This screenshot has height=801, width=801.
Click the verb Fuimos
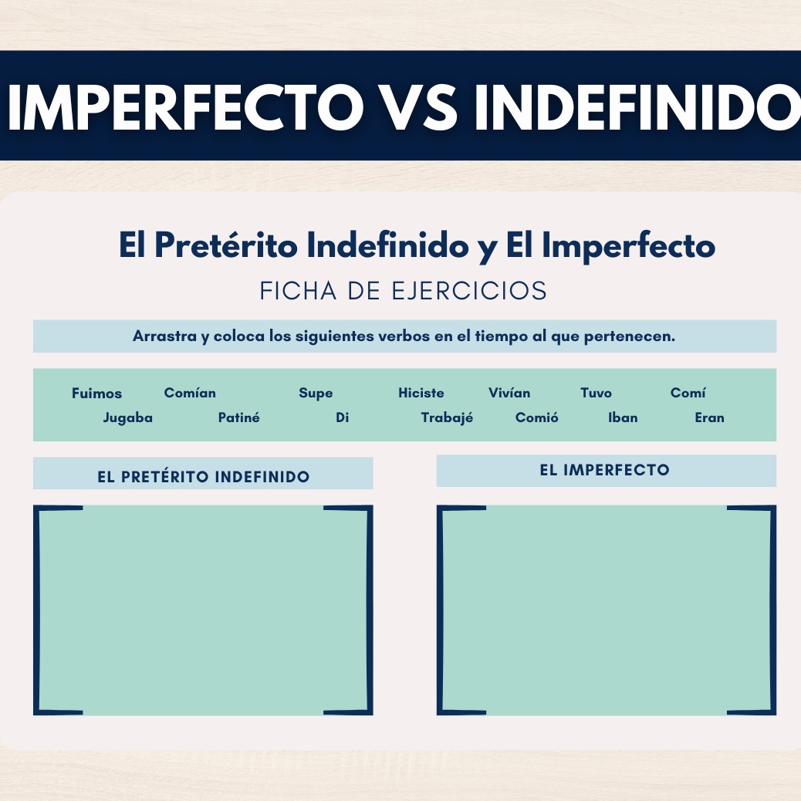tap(96, 393)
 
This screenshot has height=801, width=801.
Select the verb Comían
tap(190, 392)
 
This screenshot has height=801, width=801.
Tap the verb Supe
tap(316, 394)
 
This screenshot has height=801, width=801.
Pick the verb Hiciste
tap(421, 392)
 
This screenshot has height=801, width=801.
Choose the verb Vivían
tap(509, 392)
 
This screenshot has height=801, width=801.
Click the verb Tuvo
tap(596, 392)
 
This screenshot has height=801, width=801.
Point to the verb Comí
tap(688, 392)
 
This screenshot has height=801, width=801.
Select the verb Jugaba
tap(127, 418)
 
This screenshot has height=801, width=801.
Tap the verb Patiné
tap(238, 417)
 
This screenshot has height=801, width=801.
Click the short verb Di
tap(343, 417)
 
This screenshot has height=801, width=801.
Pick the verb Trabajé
tap(447, 418)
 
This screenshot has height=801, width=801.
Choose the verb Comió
tap(536, 417)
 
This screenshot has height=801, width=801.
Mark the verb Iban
tap(623, 417)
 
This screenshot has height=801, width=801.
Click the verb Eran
tap(710, 417)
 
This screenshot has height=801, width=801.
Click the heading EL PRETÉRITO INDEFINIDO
tap(203, 476)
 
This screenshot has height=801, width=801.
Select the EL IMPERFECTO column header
tap(604, 470)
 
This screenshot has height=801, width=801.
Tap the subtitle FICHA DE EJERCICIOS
tap(403, 291)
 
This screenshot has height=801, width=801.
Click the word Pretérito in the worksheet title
tap(226, 245)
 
